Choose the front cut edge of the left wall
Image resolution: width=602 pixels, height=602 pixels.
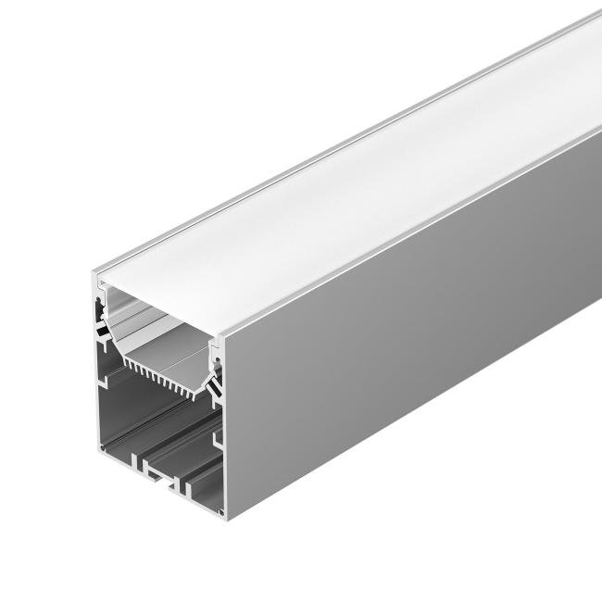[95, 370]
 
